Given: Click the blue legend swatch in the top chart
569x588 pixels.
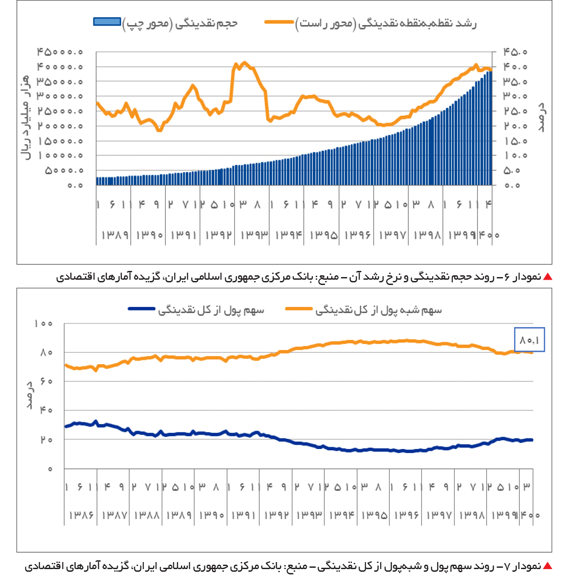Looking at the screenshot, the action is pos(107,22).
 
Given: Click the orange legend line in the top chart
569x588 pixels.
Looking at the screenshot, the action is pos(279,22).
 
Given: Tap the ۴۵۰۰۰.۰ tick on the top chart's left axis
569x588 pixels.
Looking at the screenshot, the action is pos(60,52).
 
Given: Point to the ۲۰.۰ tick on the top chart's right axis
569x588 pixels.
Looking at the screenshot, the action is pos(515,126).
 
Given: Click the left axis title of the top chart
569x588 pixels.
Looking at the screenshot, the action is pos(26,118).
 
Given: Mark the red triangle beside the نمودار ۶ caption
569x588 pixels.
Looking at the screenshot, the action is pos(547,277).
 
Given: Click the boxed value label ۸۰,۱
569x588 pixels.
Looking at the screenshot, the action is pos(529,340).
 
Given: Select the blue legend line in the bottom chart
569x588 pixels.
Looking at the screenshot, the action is pos(142,308).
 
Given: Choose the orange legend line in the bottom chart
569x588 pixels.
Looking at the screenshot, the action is pos(299,308).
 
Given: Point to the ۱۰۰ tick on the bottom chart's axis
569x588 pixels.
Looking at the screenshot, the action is pos(44,324).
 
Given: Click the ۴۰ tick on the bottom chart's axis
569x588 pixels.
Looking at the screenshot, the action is pos(46,410).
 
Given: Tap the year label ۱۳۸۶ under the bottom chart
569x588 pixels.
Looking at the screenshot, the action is pos(81,515).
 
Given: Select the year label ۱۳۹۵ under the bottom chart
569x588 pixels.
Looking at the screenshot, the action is pos(374,515).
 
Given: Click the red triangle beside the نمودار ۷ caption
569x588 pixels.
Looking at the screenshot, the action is pos(547,566).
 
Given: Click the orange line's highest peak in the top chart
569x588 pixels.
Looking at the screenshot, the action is pos(245,62).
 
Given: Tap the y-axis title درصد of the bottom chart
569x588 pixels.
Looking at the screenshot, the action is pos(29,396).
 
